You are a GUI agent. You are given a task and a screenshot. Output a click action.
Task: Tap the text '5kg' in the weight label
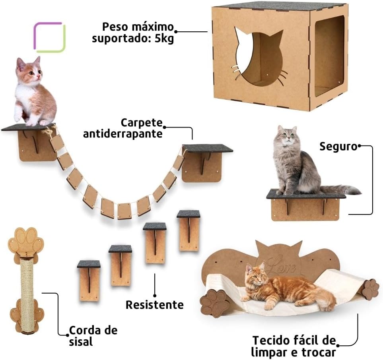(x=164, y=39)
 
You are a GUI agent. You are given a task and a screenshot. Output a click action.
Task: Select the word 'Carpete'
(x=142, y=122)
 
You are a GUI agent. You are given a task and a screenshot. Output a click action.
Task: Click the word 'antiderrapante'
(x=122, y=134)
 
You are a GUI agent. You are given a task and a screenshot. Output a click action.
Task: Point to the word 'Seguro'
(x=338, y=147)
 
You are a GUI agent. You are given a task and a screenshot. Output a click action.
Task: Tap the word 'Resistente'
(x=154, y=305)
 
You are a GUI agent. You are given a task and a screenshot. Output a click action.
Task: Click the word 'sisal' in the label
(x=81, y=341)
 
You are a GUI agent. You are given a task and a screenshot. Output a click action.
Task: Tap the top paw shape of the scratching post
(x=25, y=241)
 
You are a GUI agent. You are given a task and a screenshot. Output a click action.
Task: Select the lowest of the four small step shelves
(x=89, y=281)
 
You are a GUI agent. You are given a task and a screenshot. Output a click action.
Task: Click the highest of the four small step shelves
(x=189, y=230)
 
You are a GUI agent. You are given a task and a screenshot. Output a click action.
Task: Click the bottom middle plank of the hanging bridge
(x=124, y=211)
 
